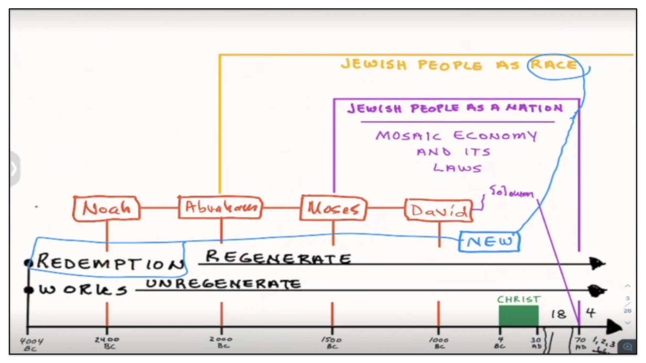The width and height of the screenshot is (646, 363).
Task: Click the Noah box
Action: (x=107, y=208)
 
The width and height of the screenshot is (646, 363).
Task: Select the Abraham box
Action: (x=220, y=207)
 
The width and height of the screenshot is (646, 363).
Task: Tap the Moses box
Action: (x=333, y=208)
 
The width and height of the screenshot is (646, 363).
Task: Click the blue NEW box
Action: (x=490, y=241)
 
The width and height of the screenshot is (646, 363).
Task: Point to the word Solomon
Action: (x=511, y=192)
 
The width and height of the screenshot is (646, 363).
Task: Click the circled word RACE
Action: (x=553, y=65)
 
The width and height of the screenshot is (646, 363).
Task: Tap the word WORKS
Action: (x=83, y=289)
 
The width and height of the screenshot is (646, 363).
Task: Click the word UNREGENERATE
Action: (x=223, y=284)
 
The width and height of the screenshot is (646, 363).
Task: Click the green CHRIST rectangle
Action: (x=518, y=315)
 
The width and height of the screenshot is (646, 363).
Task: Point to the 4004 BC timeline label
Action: (x=31, y=345)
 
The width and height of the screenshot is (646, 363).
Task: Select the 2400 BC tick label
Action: (x=107, y=342)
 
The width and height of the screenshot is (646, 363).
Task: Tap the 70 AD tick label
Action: (x=580, y=343)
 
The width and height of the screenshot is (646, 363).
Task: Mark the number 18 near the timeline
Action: (x=559, y=314)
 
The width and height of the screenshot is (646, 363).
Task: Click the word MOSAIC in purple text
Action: (x=408, y=135)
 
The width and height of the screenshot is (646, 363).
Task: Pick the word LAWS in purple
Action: (x=457, y=168)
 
